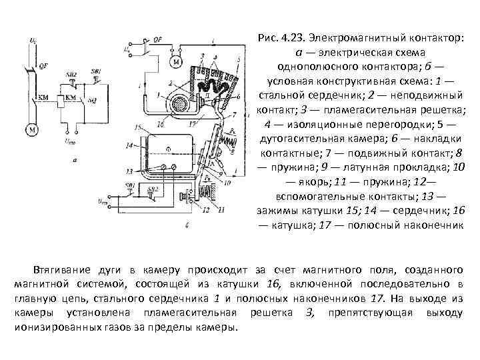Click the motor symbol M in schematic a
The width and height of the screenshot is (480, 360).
[x=31, y=129]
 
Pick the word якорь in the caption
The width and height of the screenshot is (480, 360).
[x=303, y=181]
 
